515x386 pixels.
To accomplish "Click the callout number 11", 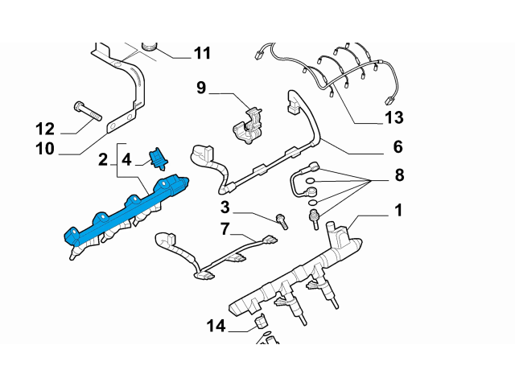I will point(201,54).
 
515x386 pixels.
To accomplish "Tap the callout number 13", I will point(393,120).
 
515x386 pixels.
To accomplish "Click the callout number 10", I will point(44,149).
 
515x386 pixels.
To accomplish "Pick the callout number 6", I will point(398,147).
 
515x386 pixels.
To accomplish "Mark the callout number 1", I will point(398,211).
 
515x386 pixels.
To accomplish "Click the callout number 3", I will point(226,208).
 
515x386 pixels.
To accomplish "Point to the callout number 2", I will point(104,161).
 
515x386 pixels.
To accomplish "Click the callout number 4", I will point(126,161).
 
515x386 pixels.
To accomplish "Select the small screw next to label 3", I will point(282,219).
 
